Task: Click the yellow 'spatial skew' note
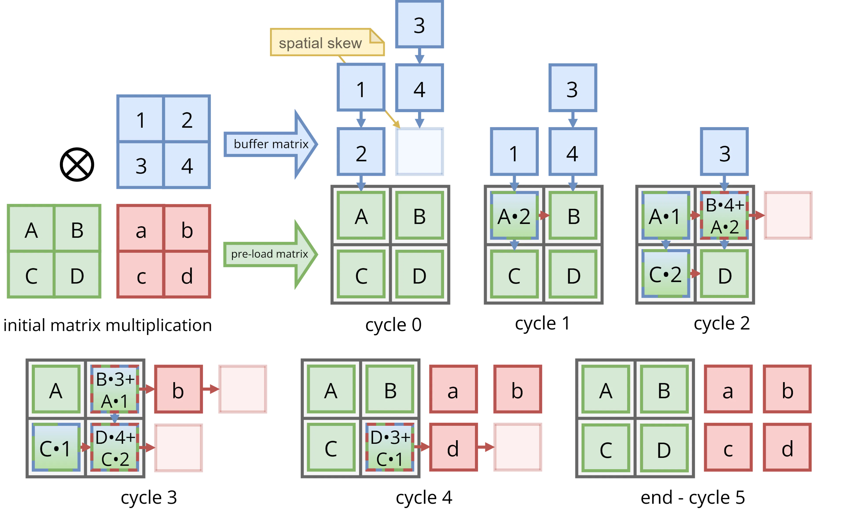[327, 42]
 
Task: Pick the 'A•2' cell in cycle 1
[514, 215]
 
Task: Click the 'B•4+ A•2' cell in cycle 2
[724, 215]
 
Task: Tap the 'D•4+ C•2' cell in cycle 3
[115, 447]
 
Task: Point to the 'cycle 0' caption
[393, 324]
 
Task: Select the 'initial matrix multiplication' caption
[107, 325]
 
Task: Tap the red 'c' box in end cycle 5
[728, 447]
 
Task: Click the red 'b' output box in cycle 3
[178, 389]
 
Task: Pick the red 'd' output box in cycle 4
[453, 447]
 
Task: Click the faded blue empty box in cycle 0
[419, 152]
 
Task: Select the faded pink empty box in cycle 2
[788, 215]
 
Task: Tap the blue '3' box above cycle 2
[724, 152]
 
